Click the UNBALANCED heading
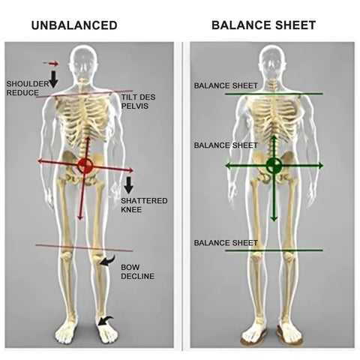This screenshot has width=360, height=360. point(74,25)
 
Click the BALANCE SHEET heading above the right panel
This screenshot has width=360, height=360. point(263,25)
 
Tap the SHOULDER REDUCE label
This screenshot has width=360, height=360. point(28,88)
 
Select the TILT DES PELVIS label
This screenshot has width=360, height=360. point(138,101)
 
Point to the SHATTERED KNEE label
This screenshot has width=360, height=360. point(144,205)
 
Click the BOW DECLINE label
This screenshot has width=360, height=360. point(137,271)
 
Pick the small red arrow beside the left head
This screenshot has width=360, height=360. point(51,64)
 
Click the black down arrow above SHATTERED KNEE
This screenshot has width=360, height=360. point(129,185)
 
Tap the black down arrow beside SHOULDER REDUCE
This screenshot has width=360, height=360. point(53,79)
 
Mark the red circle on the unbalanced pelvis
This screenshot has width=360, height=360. point(85,165)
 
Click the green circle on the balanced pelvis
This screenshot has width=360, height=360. point(274,165)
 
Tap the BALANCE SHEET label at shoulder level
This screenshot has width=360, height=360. point(226,85)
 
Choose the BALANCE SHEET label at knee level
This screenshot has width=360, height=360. point(226,243)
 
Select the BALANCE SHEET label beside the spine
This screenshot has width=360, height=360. point(226,145)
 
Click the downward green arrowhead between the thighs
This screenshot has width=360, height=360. point(274,217)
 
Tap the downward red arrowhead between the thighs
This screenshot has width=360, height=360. point(80,217)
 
